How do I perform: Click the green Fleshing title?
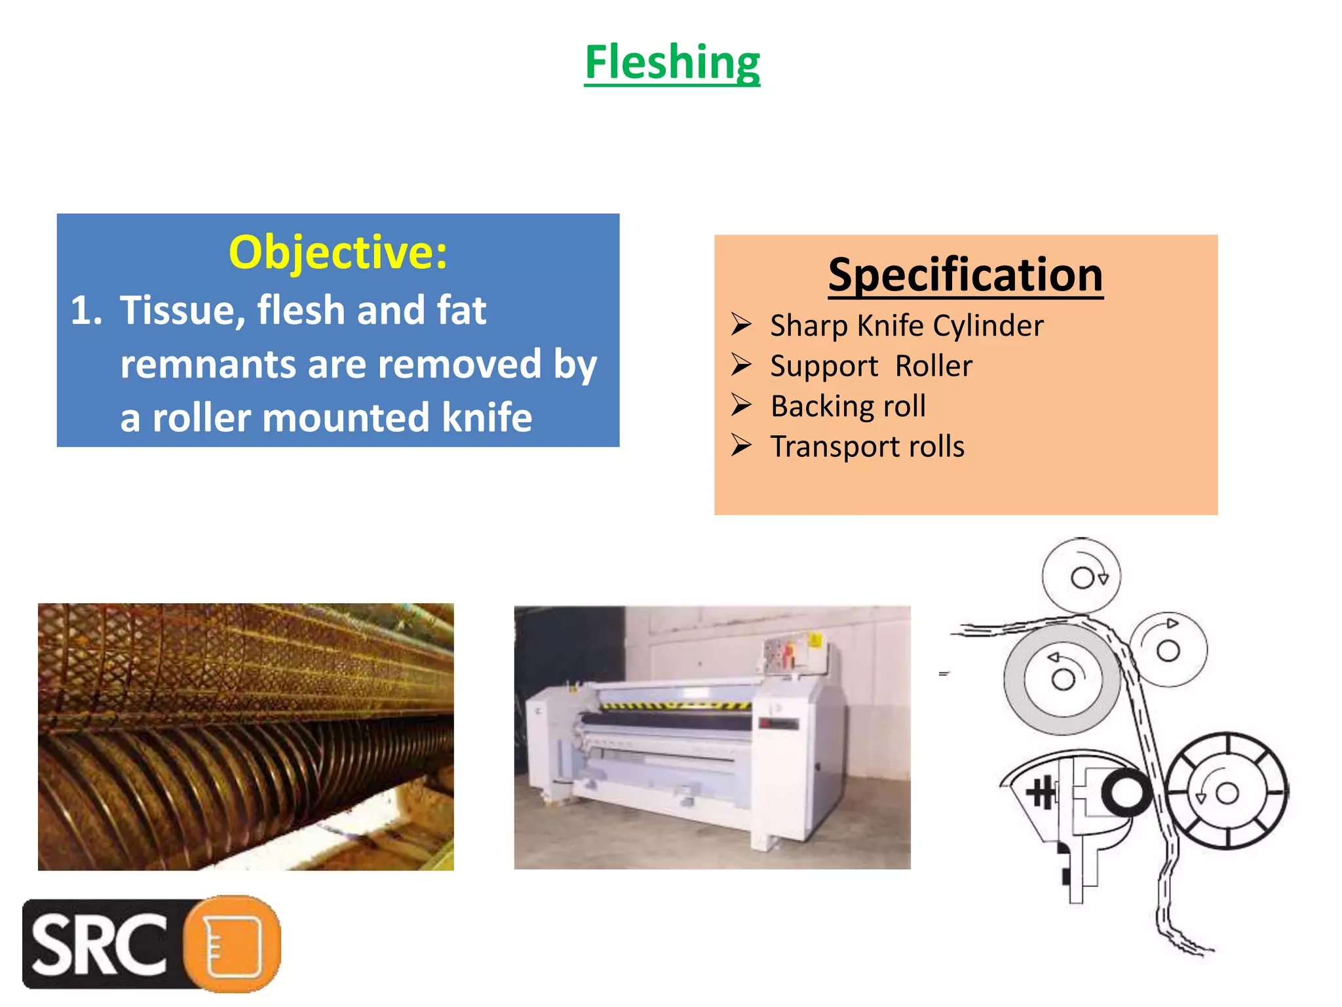(672, 62)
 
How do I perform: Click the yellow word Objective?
(337, 252)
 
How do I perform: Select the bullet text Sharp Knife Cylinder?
(906, 326)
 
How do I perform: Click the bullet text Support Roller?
(871, 366)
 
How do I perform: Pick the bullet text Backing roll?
(848, 406)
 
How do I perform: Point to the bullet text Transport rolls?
(867, 446)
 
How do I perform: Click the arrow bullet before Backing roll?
(741, 405)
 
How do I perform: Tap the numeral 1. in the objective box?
(86, 310)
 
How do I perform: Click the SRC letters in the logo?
(98, 944)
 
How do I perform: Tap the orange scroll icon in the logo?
(233, 944)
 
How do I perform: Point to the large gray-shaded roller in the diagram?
(1062, 679)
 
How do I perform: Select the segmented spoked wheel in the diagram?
(1227, 792)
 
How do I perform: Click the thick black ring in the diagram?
(1126, 792)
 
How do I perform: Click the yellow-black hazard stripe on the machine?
(675, 705)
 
